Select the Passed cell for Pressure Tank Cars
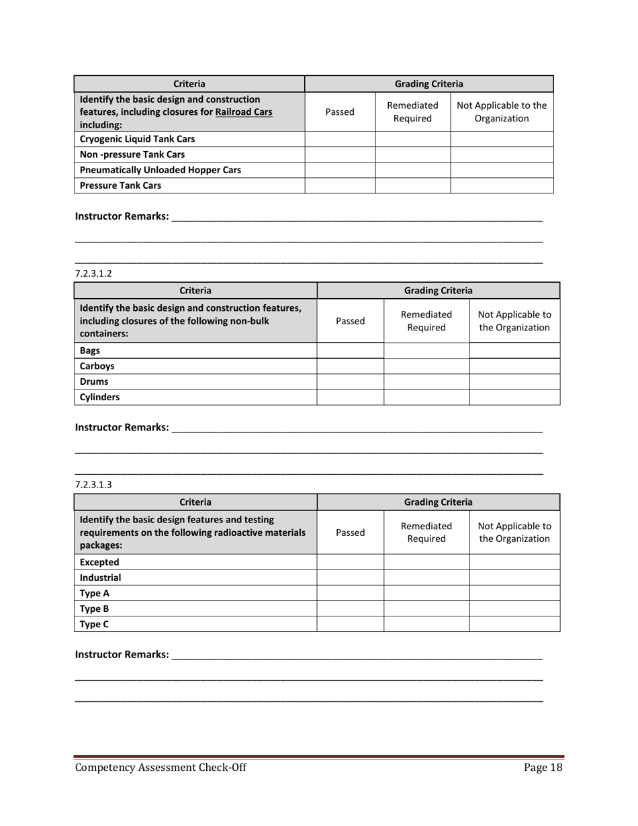(x=340, y=186)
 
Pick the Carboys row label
(x=97, y=367)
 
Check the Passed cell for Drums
(x=350, y=381)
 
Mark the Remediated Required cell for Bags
(x=426, y=351)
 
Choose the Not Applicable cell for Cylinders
(x=514, y=397)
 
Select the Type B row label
(x=94, y=609)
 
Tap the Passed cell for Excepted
(x=350, y=562)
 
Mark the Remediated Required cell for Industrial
(x=426, y=578)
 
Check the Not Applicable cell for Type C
(x=514, y=625)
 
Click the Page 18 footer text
(x=543, y=768)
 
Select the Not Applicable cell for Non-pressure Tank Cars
(x=502, y=155)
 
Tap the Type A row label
(x=94, y=594)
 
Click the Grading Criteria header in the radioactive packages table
(x=438, y=502)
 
